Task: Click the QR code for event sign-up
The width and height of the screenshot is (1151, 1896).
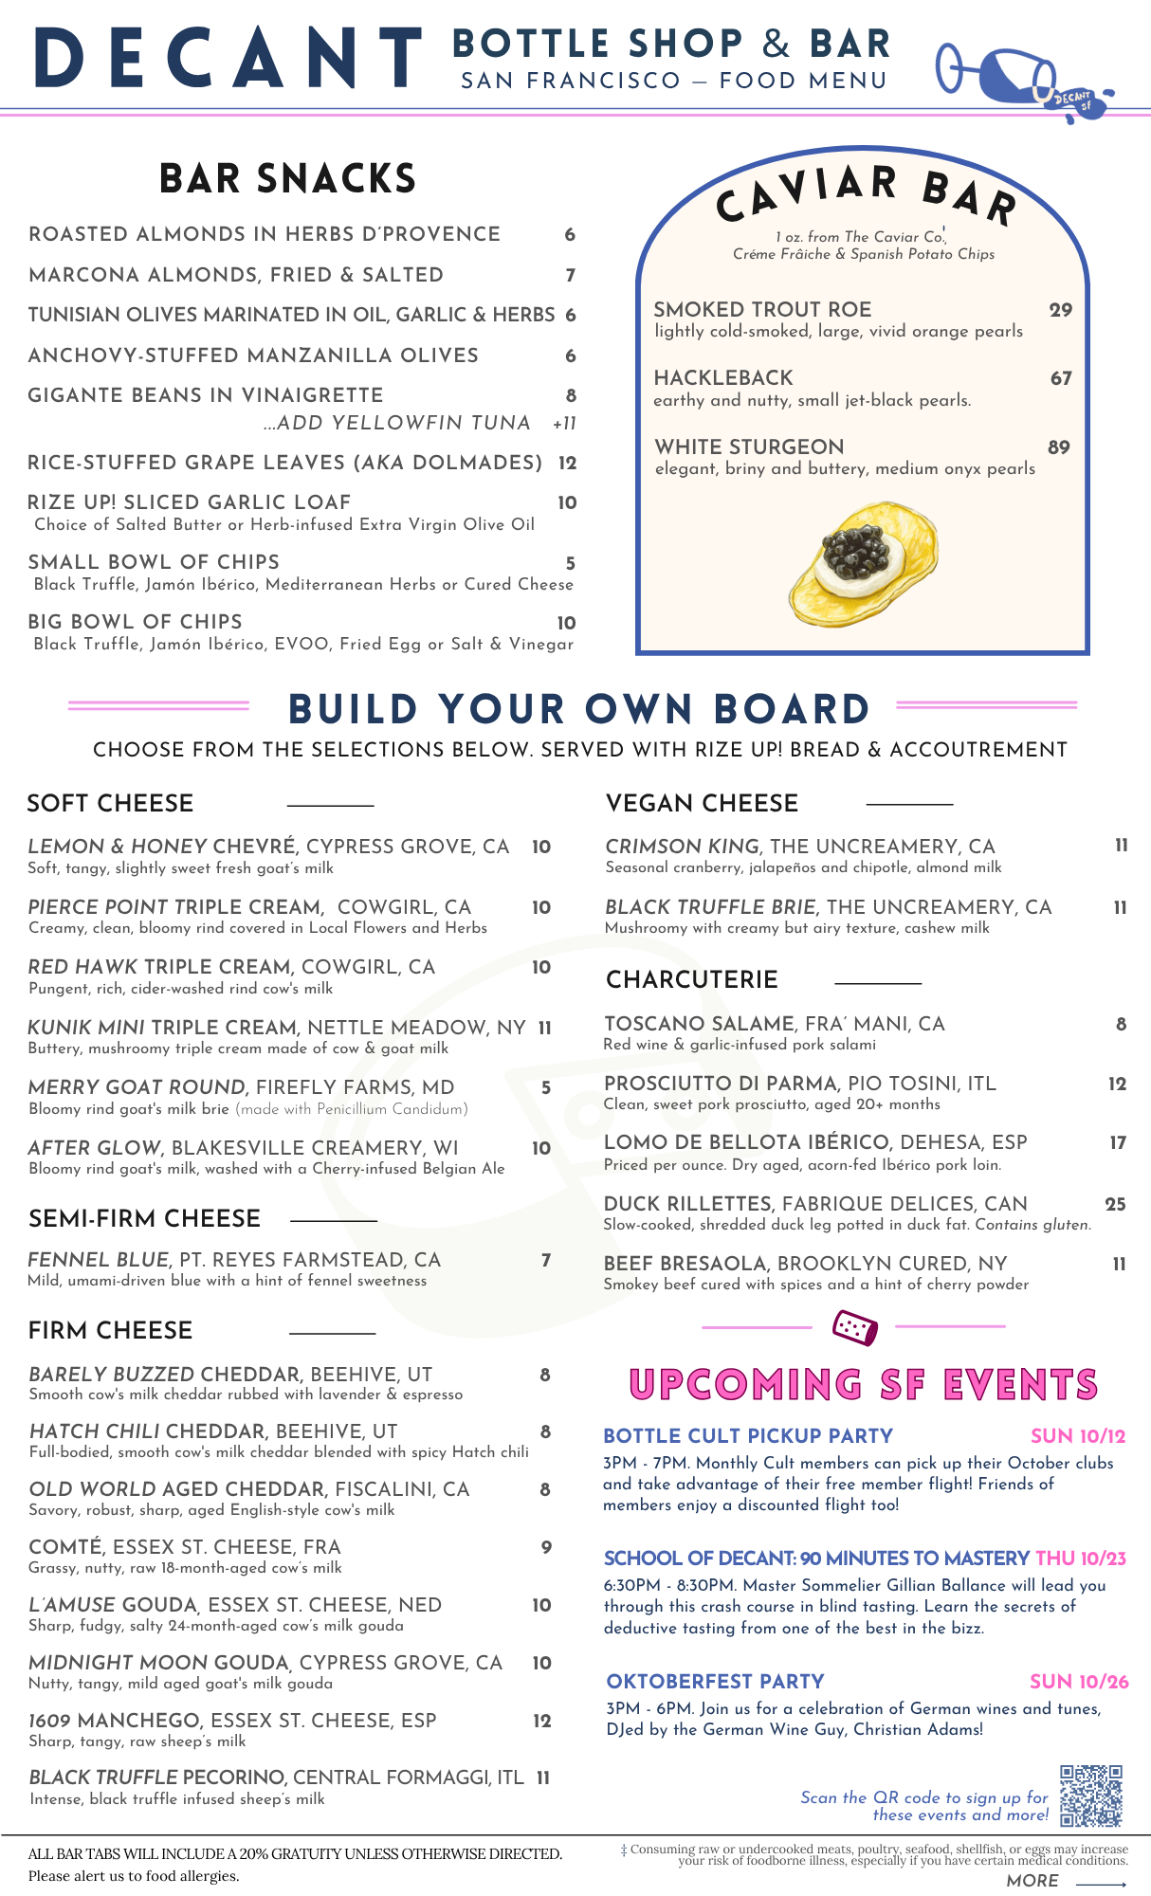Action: (x=1091, y=1796)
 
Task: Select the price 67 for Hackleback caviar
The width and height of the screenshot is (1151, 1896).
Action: (x=1061, y=378)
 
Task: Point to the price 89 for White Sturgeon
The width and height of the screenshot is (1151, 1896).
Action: (x=1059, y=447)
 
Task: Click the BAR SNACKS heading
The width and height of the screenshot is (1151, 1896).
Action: (x=287, y=179)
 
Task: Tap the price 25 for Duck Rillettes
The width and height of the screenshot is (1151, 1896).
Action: (x=1115, y=1204)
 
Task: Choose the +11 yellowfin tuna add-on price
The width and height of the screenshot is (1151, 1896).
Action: (x=564, y=424)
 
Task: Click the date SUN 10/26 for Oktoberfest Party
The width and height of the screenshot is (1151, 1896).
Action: (x=1079, y=1682)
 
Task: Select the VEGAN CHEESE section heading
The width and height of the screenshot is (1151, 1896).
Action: (x=702, y=803)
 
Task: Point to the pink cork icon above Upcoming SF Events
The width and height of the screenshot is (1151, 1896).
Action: (x=854, y=1327)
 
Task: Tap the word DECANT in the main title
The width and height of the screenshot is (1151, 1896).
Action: (x=228, y=59)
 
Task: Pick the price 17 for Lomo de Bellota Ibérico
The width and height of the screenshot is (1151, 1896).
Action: (x=1118, y=1142)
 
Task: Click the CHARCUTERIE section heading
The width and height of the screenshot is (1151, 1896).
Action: (x=692, y=979)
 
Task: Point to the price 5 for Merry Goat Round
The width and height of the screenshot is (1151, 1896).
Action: (x=546, y=1088)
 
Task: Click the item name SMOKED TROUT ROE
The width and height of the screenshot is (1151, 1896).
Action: (x=762, y=310)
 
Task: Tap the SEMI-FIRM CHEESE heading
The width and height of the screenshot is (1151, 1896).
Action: (x=144, y=1218)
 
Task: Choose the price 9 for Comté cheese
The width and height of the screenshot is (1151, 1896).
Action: (x=546, y=1547)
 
